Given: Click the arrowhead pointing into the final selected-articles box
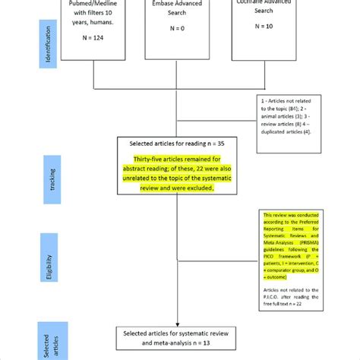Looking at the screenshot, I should [x=177, y=324].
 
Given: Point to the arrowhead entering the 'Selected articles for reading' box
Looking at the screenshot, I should [x=177, y=135].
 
